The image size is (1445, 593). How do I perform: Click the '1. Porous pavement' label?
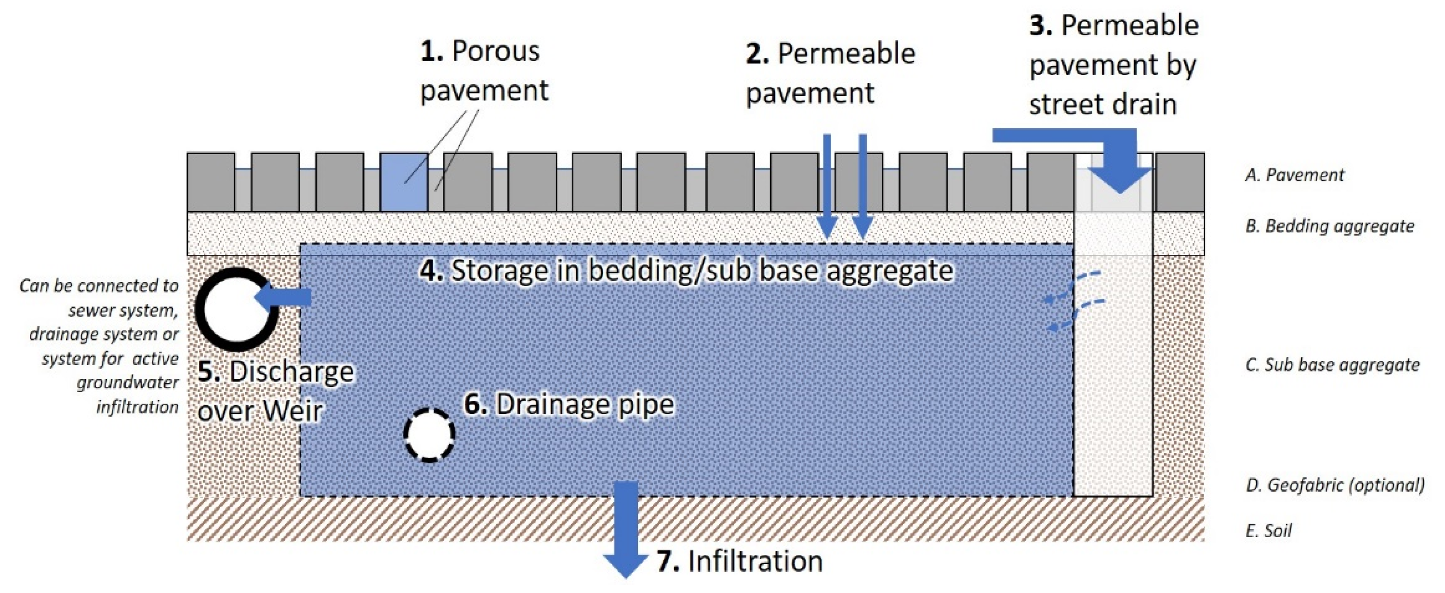tap(484, 71)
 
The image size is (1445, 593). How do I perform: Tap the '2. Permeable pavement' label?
tap(830, 73)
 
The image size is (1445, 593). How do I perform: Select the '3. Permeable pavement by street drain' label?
tap(1114, 65)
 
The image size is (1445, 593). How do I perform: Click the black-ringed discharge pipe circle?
tap(236, 309)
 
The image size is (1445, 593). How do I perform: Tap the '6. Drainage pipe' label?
tap(569, 404)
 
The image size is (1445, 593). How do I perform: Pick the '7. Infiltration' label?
tap(739, 562)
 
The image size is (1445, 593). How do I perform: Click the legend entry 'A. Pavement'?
tap(1295, 175)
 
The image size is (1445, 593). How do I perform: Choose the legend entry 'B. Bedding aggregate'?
tap(1329, 225)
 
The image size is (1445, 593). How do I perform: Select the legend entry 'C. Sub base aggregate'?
tap(1332, 365)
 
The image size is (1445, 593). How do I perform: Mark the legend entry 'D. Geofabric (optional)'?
tap(1335, 485)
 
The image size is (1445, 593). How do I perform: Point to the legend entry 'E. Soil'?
tap(1269, 530)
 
